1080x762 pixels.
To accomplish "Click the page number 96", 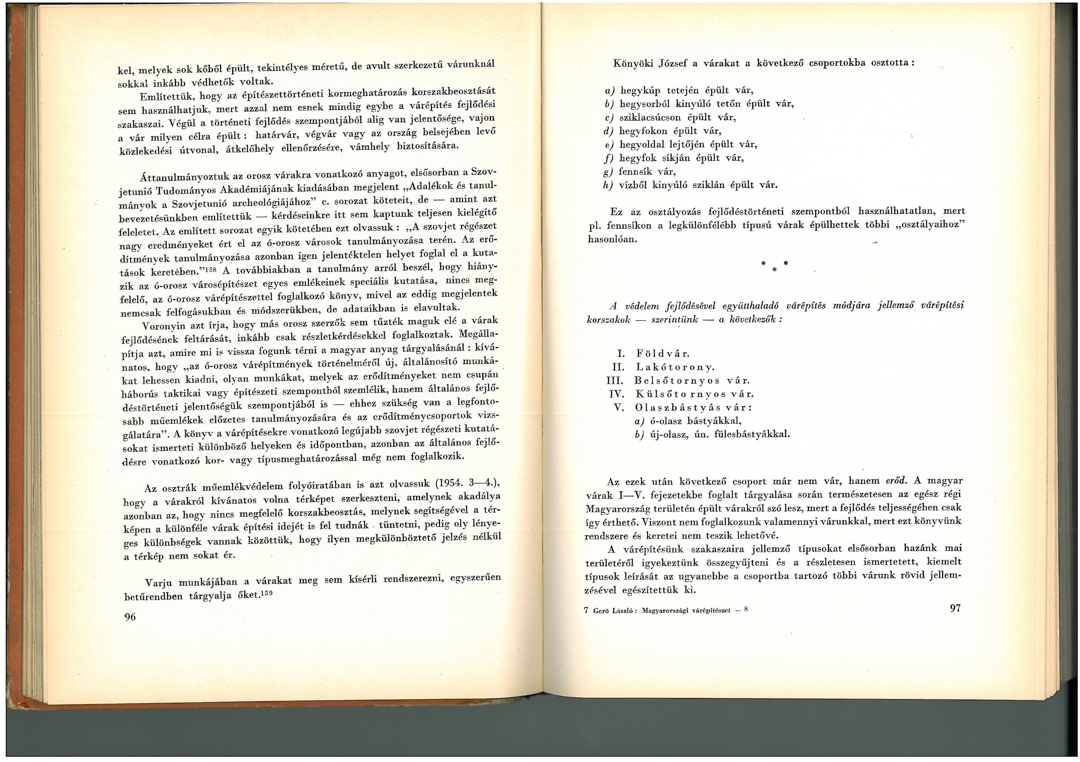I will [x=130, y=617].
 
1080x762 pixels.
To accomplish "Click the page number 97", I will [x=955, y=608].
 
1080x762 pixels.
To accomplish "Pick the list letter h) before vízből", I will [x=609, y=185].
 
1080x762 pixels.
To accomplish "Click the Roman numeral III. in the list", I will [x=615, y=380].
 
